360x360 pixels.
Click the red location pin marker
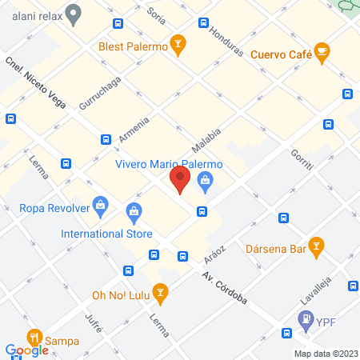click(x=180, y=179)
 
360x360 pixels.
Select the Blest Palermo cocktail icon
click(x=180, y=46)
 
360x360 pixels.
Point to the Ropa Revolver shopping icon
click(x=100, y=205)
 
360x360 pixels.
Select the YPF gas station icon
click(x=306, y=321)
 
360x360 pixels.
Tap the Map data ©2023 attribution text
click(x=325, y=353)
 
